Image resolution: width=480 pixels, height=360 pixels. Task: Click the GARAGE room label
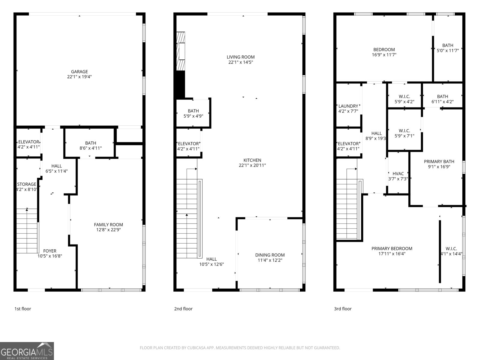[x=79, y=72]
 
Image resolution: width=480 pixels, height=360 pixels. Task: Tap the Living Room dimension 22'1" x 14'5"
[x=241, y=62]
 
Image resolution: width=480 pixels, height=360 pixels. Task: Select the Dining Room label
[x=270, y=255]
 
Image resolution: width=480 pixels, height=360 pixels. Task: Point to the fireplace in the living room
[x=181, y=51]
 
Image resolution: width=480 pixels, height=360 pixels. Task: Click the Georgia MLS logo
[x=27, y=351]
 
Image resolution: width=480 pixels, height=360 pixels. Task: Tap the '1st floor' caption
[x=23, y=309]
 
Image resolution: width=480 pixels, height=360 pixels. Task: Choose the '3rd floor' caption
[x=343, y=309]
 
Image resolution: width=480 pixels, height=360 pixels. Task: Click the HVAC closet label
[x=398, y=174]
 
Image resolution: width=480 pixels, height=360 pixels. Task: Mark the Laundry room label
[x=348, y=106]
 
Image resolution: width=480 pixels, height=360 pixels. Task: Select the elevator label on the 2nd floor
[x=188, y=144]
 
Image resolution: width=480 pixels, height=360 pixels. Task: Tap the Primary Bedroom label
[x=392, y=248]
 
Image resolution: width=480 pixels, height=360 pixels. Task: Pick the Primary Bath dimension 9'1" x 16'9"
[x=439, y=167]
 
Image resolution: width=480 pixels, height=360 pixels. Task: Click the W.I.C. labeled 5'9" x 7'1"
[x=404, y=133]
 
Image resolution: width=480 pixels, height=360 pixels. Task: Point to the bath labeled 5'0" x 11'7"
[x=448, y=48]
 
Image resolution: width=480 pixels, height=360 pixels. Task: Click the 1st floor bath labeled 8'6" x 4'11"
[x=91, y=145]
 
